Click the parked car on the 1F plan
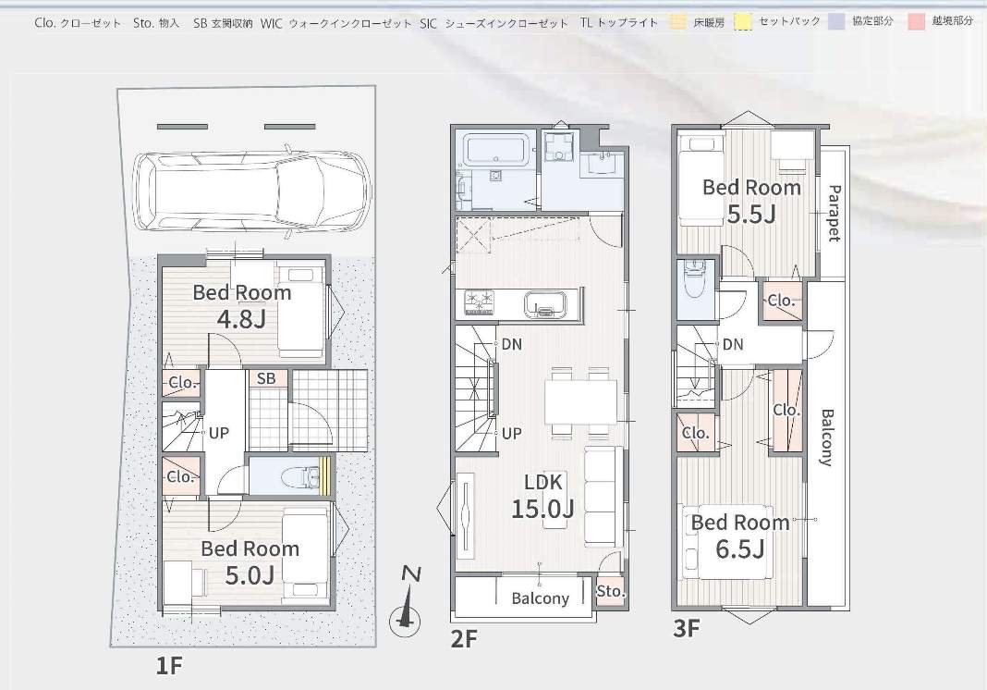click(251, 191)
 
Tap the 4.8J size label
click(242, 319)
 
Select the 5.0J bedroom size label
click(250, 575)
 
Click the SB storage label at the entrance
click(266, 378)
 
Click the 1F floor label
click(169, 665)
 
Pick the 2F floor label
click(465, 639)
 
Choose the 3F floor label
click(687, 628)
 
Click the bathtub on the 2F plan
click(495, 149)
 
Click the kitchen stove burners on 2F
click(480, 302)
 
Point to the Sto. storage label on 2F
click(611, 591)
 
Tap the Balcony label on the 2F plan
click(540, 598)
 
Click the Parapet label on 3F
click(834, 213)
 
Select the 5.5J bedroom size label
click(751, 215)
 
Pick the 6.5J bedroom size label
click(740, 549)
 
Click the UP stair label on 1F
click(218, 433)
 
